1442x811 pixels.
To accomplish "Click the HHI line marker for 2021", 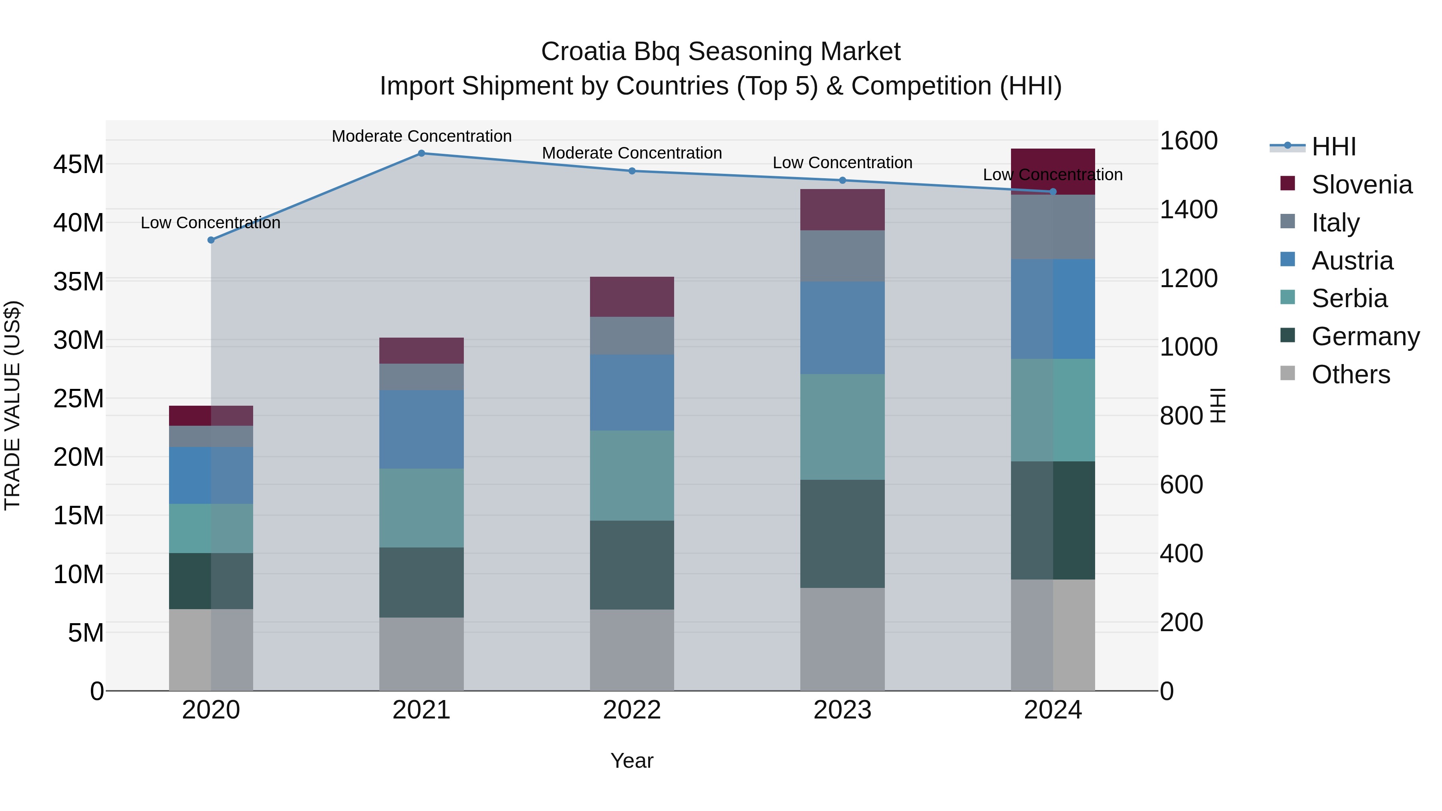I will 421,153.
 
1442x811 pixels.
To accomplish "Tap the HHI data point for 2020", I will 211,240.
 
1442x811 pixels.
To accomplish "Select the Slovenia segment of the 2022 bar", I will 632,297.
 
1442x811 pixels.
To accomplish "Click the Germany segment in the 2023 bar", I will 842,533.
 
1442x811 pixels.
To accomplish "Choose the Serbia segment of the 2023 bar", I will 842,427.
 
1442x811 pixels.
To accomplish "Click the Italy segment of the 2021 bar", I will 421,377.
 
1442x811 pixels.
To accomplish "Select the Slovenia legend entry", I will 1361,185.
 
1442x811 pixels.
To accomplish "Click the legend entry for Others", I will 1350,374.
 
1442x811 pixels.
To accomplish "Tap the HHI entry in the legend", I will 1333,147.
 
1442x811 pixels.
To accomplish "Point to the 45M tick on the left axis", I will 79,165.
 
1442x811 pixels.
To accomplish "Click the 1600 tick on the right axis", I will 1188,141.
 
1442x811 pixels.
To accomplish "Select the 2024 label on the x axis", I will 1052,710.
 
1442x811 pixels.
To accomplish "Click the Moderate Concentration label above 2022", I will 632,153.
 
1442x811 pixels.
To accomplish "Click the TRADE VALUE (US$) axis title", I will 12,405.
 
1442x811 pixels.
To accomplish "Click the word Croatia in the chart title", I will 583,52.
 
